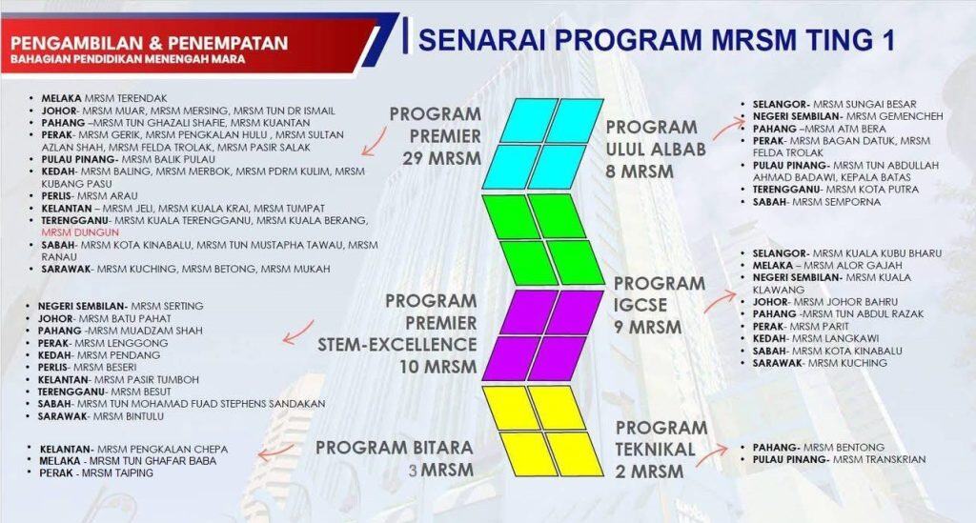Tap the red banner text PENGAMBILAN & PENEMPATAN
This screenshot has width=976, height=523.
click(x=151, y=42)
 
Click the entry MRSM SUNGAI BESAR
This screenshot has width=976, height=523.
click(x=865, y=104)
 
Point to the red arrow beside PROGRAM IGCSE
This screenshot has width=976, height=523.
click(x=716, y=301)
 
